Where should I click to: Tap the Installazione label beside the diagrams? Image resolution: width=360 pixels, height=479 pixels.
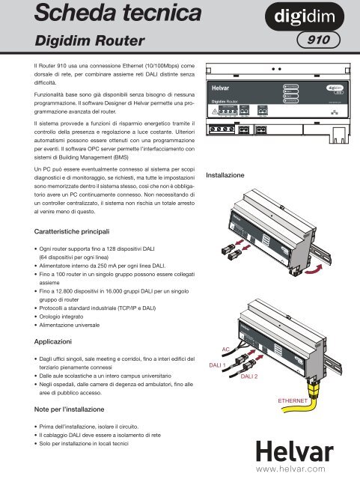(228, 174)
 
